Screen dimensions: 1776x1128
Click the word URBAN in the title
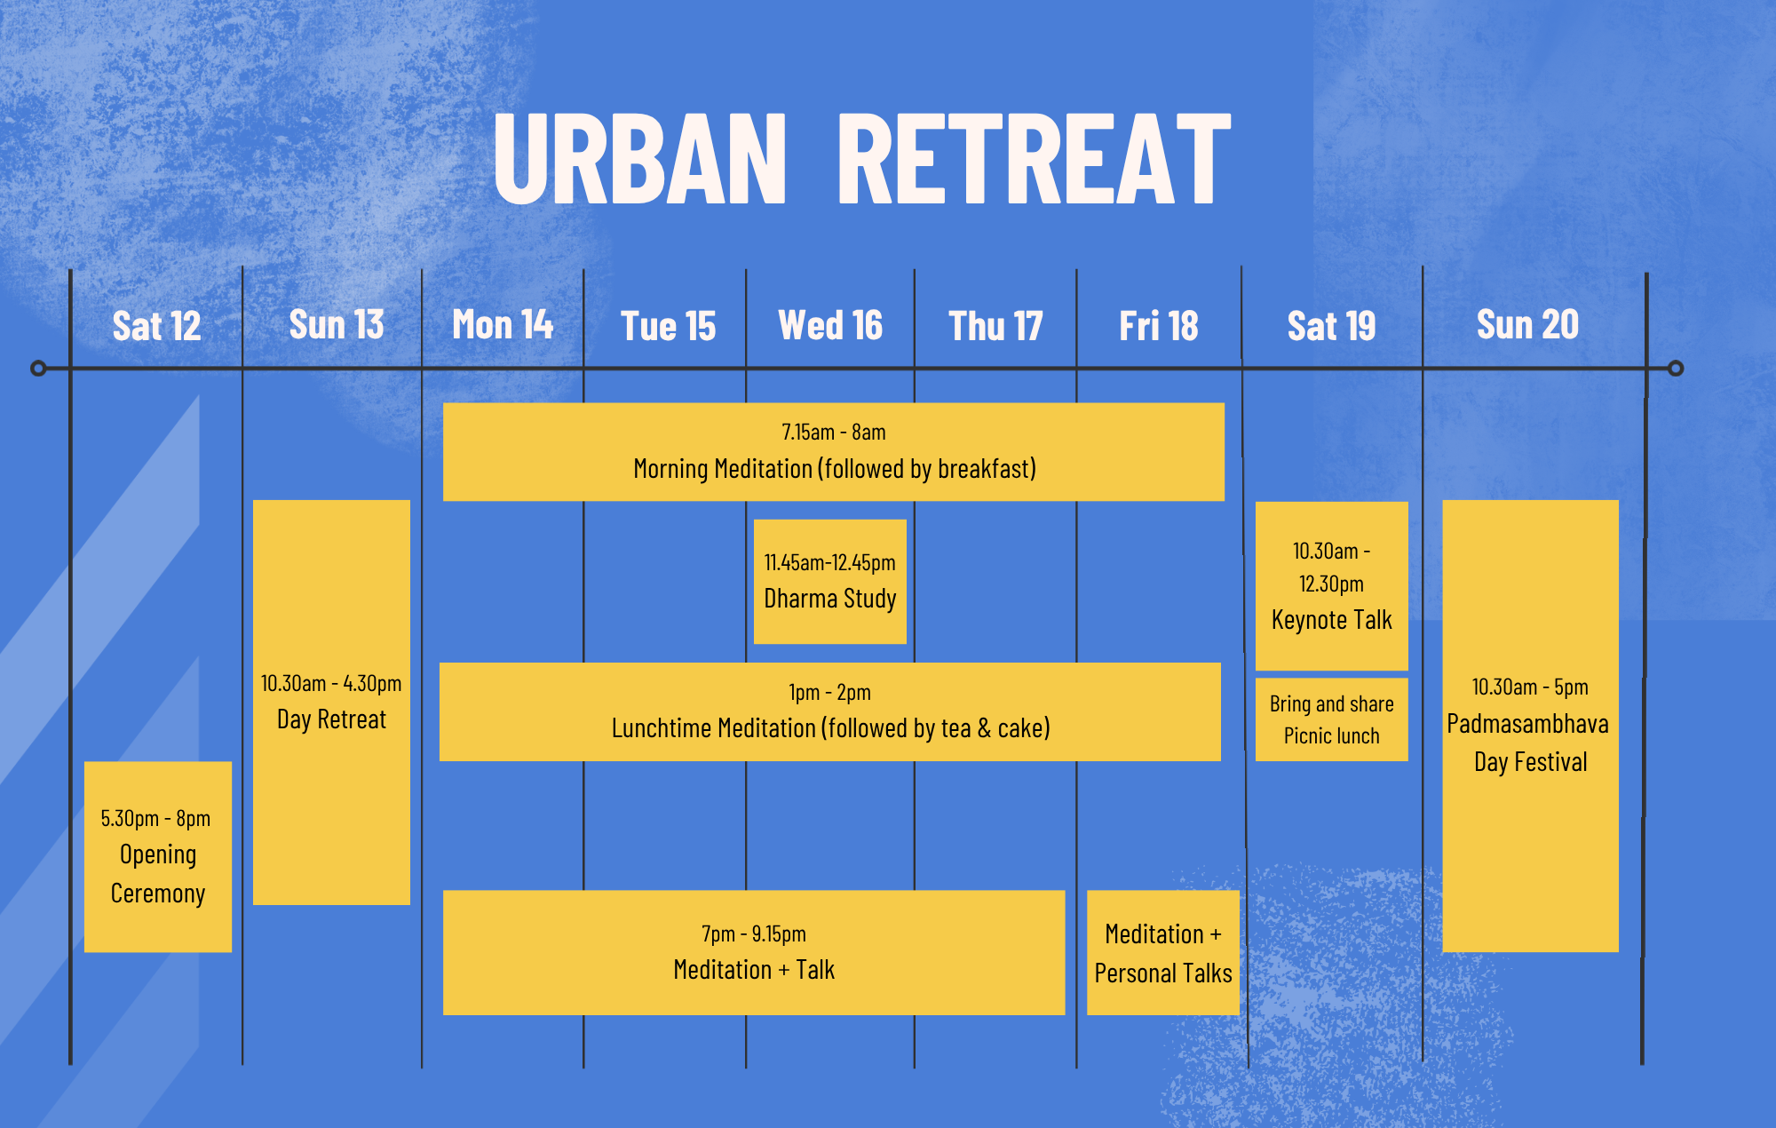click(x=640, y=159)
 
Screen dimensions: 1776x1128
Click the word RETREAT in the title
click(x=1035, y=159)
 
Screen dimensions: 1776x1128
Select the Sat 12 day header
click(x=156, y=326)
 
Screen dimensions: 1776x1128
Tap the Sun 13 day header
click(x=337, y=324)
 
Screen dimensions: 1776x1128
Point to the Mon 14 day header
click(x=503, y=324)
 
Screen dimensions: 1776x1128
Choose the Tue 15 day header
click(x=668, y=326)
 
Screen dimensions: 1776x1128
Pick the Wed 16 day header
click(x=830, y=325)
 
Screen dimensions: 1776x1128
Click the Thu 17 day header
click(x=995, y=326)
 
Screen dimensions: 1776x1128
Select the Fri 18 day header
click(x=1159, y=326)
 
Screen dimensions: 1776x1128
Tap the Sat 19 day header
click(x=1331, y=326)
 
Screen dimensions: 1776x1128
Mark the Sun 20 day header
click(x=1527, y=324)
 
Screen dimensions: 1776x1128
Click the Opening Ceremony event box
click(x=158, y=857)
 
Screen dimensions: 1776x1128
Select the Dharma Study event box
click(x=830, y=582)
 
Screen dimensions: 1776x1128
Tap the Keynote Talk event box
click(x=1332, y=586)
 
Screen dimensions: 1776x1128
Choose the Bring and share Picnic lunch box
click(x=1332, y=719)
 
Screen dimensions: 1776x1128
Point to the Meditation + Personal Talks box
click(x=1163, y=953)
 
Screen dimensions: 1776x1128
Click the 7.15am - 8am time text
click(x=834, y=433)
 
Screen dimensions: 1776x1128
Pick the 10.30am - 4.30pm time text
click(x=331, y=683)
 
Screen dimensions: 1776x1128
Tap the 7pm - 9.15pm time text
click(x=754, y=933)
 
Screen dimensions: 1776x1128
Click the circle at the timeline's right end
click(x=1676, y=368)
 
